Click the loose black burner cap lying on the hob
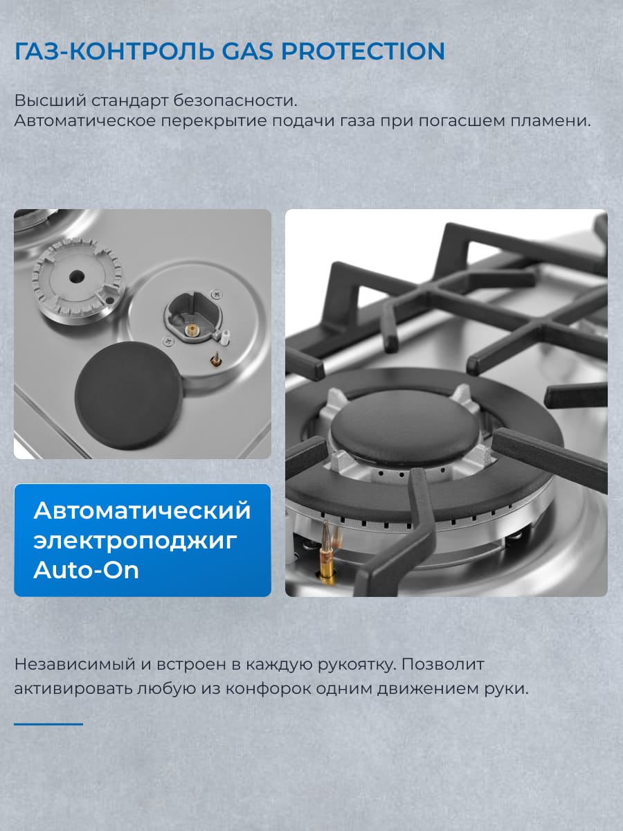tap(129, 395)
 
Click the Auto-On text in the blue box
tap(86, 569)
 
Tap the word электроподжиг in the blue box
tap(135, 540)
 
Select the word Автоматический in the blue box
tap(142, 510)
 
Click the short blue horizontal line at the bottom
tap(48, 724)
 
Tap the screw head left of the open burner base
tap(168, 340)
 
